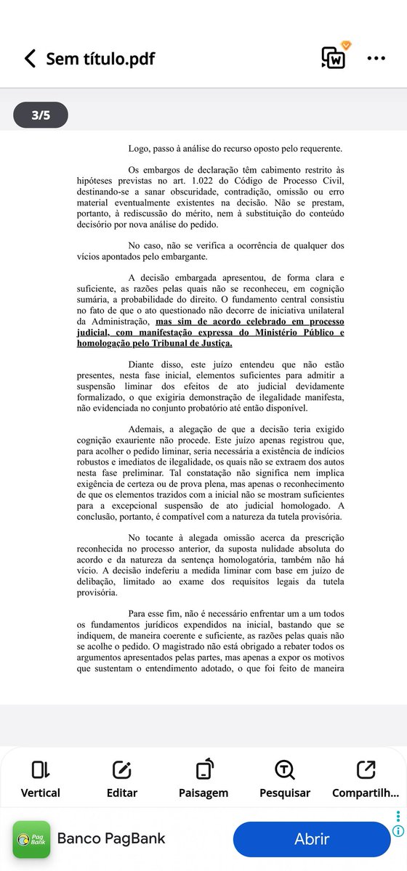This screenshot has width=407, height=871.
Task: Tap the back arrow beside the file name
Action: point(30,59)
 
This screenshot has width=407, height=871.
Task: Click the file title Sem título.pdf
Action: point(100,59)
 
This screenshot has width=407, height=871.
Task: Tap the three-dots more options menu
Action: point(376,59)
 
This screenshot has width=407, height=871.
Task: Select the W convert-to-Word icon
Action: point(334,57)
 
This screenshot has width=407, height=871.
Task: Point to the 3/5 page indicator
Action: point(41,115)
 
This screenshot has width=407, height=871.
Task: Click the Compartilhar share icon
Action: point(366,770)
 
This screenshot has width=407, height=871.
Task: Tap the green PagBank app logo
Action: point(31,840)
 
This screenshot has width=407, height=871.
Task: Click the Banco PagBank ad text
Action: point(111,839)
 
